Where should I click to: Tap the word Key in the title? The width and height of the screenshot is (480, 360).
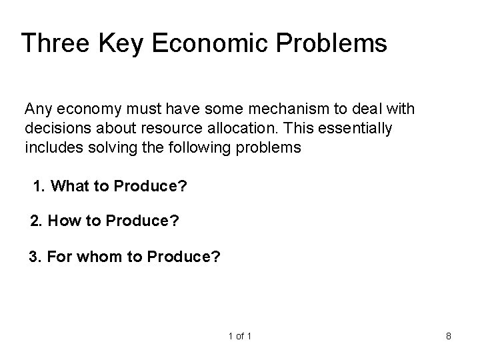121,43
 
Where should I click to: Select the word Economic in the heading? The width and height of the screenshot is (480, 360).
209,43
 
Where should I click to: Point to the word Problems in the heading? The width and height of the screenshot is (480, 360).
331,43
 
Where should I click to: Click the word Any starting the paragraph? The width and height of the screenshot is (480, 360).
36,108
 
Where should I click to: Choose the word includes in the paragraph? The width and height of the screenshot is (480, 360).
49,147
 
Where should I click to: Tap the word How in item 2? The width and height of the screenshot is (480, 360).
62,221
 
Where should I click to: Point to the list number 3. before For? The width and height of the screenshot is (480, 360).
35,255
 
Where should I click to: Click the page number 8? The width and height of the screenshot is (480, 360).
449,336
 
